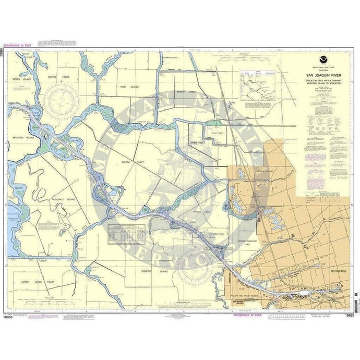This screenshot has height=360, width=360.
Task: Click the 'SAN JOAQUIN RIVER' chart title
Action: pyautogui.click(x=325, y=75)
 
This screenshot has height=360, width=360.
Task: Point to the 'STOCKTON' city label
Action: pyautogui.click(x=339, y=272)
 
